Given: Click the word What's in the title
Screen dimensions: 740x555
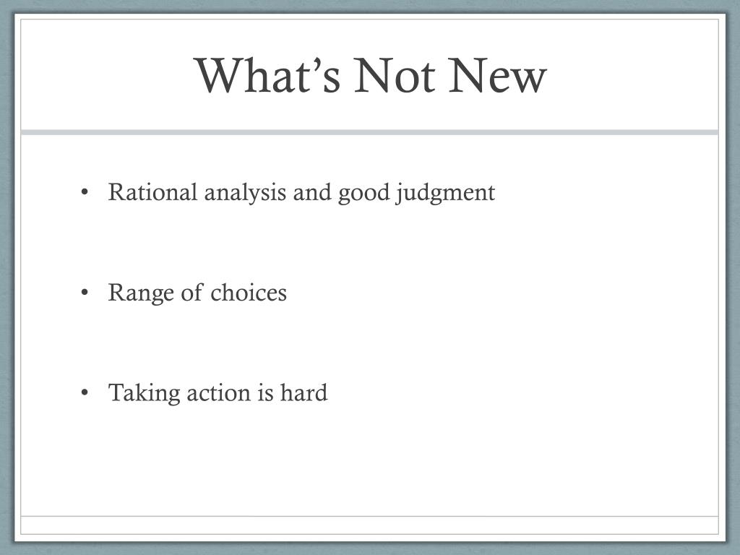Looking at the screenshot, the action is [267, 75].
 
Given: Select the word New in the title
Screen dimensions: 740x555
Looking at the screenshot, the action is [497, 76].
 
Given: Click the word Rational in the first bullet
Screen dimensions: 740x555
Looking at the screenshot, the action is [152, 192].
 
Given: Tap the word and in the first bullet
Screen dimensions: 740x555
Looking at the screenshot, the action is [312, 192].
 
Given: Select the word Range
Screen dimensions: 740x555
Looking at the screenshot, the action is [141, 293].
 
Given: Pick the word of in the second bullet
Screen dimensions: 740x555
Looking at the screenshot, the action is [192, 292].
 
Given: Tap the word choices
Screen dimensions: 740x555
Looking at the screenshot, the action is [249, 293].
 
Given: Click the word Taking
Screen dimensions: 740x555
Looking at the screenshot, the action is [145, 393].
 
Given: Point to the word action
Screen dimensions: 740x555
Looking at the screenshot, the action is [218, 393].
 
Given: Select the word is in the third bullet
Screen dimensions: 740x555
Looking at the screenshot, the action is [265, 393].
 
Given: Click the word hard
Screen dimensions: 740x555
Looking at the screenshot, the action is [304, 392].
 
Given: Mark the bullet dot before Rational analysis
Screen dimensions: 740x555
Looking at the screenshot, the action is [85, 192].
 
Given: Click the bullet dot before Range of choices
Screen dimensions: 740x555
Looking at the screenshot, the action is [85, 293].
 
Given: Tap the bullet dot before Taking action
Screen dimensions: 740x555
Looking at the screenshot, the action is [85, 392].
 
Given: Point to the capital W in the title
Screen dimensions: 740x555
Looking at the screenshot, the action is [220, 76].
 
